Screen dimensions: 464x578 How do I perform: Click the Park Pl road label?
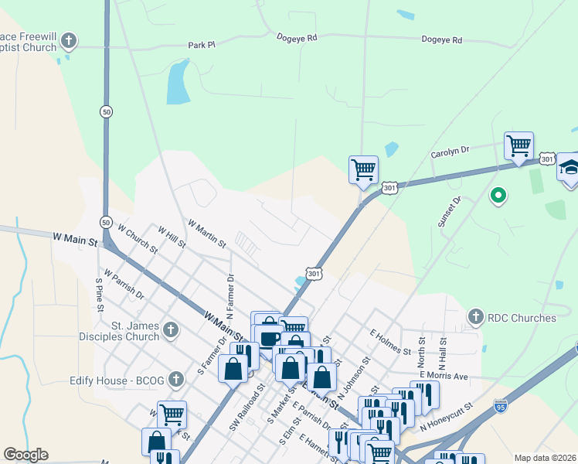click(x=201, y=46)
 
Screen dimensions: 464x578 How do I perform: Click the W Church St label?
click(x=138, y=239)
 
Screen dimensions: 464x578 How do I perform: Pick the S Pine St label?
click(x=100, y=295)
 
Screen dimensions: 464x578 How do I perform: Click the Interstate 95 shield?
click(x=501, y=404)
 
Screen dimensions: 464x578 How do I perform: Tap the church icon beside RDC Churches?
click(x=476, y=317)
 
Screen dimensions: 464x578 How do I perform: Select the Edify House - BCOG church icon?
click(x=176, y=379)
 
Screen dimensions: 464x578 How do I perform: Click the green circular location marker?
click(x=498, y=196)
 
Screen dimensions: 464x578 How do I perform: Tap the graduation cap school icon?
click(x=569, y=168)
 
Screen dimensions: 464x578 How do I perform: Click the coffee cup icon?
click(x=270, y=338)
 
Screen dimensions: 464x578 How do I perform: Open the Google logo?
click(x=25, y=455)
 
